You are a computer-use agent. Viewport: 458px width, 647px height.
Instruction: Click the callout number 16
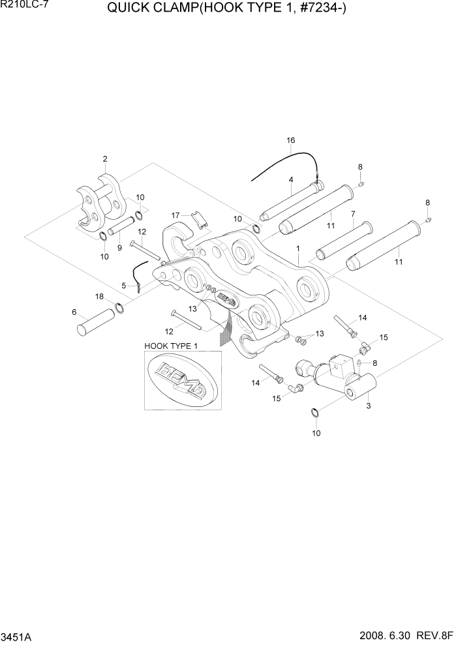[291, 140]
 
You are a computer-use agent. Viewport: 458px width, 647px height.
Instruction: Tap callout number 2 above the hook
[104, 158]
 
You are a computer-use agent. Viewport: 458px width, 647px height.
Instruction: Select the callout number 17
[176, 215]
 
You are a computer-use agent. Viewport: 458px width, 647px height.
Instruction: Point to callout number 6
[74, 312]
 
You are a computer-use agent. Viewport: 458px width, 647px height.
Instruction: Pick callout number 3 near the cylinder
[369, 406]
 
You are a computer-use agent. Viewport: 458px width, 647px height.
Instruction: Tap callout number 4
[291, 179]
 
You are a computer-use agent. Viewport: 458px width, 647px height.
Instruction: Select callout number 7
[352, 213]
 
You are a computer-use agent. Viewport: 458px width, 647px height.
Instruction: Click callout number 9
[119, 247]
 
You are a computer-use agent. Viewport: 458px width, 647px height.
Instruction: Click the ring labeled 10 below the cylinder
[314, 412]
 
